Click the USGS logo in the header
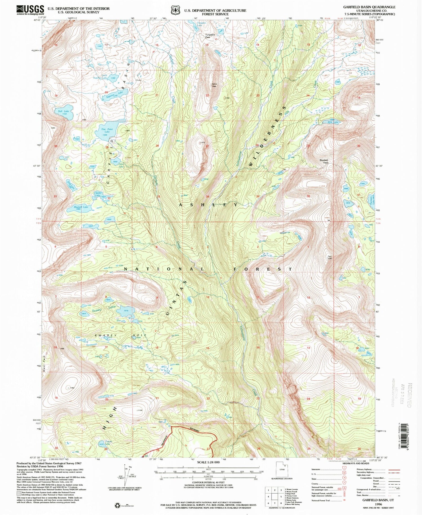30,10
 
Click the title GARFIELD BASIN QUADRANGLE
369,7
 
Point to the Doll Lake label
63,111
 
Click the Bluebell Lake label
81,207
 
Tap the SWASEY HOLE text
121,335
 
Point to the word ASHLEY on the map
209,205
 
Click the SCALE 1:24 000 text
208,462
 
